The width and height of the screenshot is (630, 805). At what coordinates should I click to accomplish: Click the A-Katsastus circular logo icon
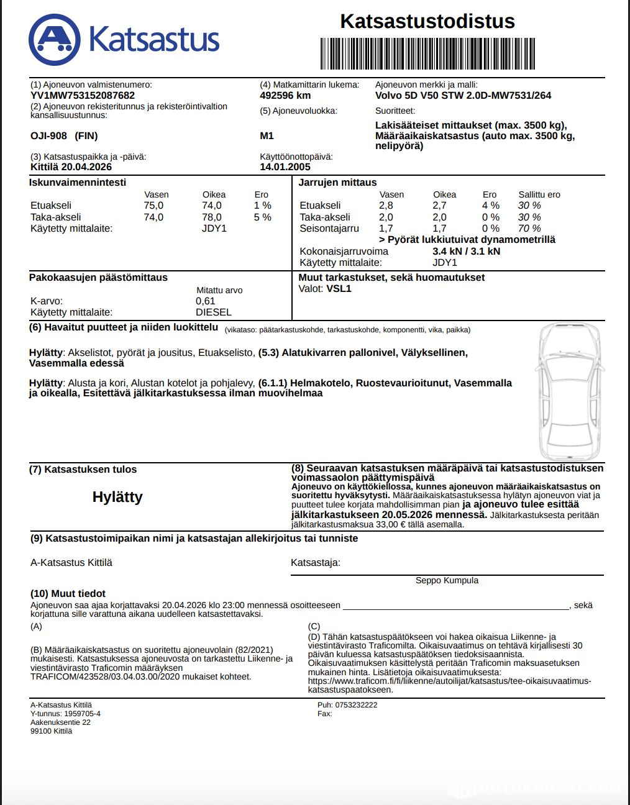point(55,40)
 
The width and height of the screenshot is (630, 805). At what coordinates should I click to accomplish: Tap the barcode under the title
point(427,53)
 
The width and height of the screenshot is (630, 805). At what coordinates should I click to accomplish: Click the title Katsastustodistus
point(427,21)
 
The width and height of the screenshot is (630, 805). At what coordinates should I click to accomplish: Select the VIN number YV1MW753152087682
point(83,96)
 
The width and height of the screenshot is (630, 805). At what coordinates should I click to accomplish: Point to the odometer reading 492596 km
point(285,96)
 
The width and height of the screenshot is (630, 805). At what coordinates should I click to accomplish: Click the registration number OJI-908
point(49,136)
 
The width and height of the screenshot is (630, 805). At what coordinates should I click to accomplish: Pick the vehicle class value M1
point(267,136)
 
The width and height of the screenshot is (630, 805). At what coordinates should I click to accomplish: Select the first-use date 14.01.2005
point(285,167)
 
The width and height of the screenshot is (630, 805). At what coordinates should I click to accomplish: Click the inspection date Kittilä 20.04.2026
point(71,167)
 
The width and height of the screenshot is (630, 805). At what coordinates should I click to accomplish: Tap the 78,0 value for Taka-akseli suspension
point(211,217)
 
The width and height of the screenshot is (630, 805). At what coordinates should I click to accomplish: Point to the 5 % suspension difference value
point(262,217)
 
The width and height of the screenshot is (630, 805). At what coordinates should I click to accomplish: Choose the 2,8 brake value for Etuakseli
point(386,206)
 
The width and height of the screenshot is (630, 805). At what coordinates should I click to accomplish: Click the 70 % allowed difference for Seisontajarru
point(529,229)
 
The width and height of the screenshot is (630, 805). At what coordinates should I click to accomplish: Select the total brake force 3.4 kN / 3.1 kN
point(466,252)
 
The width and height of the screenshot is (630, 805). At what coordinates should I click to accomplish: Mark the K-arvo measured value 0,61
point(205,301)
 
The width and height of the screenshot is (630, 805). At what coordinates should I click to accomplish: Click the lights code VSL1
point(339,289)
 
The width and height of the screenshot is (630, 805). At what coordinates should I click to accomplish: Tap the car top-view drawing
point(569,391)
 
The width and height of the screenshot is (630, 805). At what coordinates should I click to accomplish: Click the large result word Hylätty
point(117,497)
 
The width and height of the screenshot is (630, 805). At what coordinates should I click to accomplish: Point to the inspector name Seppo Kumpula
point(447,581)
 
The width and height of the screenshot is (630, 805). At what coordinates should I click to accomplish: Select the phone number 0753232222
point(356,705)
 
